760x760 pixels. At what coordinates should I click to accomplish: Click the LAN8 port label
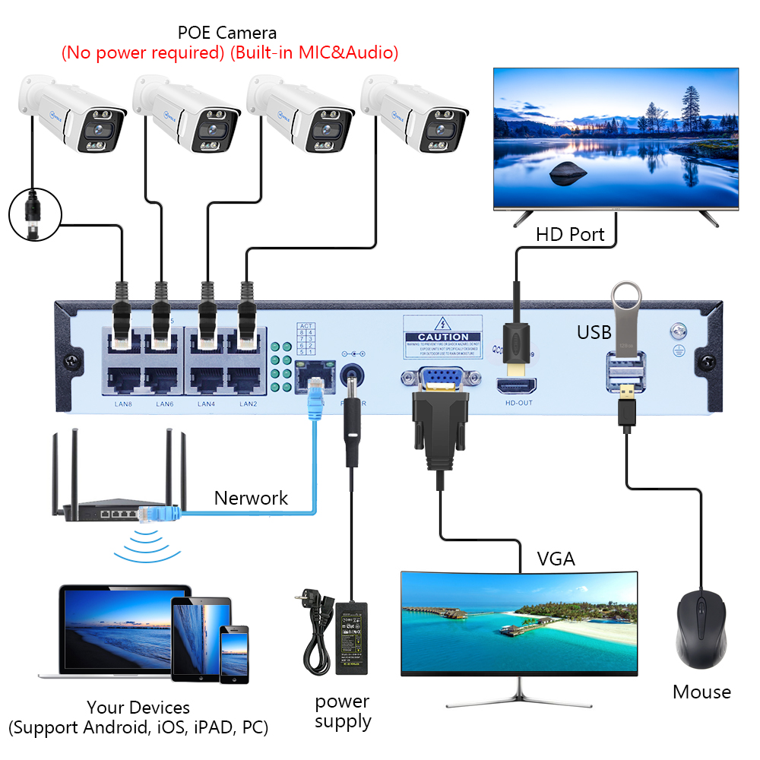coord(123,404)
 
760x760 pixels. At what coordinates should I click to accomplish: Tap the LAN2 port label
coord(248,404)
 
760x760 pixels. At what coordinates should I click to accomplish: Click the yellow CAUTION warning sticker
coord(443,336)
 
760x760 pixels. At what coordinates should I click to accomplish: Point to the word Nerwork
coord(251,499)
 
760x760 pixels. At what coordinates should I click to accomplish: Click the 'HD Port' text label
coord(570,234)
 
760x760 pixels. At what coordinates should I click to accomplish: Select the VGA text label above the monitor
coord(556,560)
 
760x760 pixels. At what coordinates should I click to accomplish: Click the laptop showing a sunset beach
coord(114,631)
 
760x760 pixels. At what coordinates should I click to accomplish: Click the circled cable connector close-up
coord(33,215)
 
